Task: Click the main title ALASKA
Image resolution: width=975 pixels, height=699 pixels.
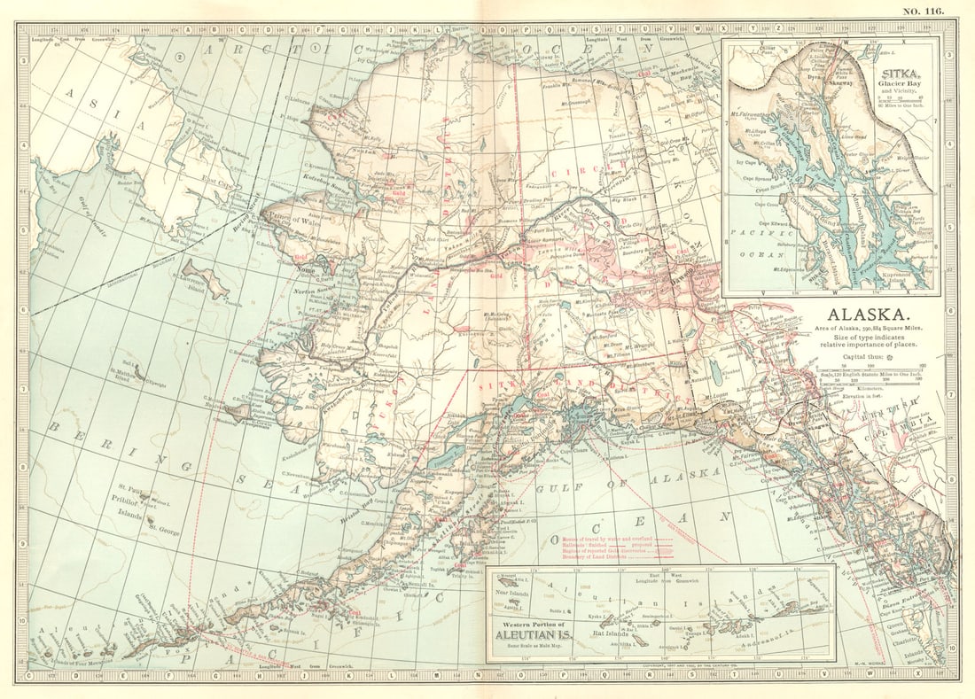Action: (868, 315)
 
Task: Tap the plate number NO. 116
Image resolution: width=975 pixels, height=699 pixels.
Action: (924, 10)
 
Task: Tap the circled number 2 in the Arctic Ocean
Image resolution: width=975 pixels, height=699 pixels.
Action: (178, 58)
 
